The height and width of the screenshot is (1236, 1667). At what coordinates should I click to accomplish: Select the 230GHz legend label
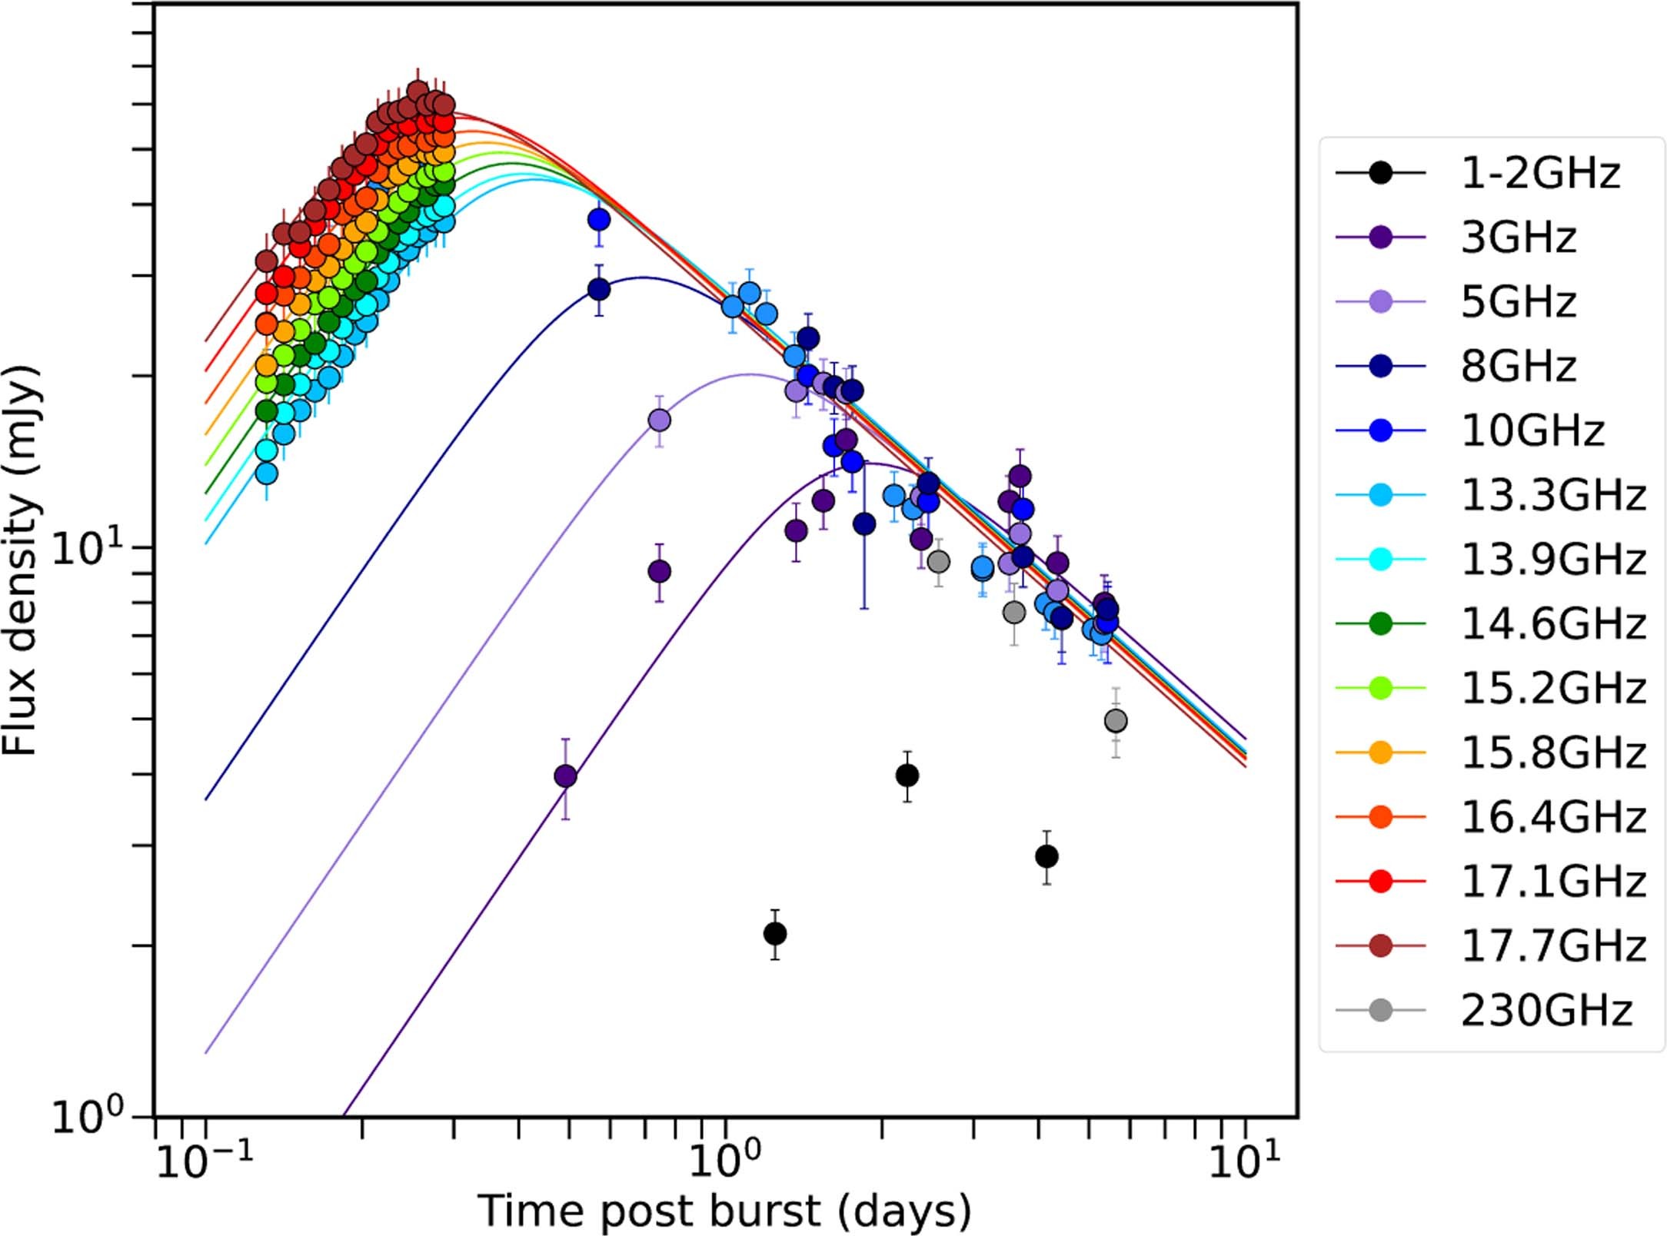click(x=1546, y=1010)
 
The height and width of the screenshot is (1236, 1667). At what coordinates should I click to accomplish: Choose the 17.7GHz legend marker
click(x=1381, y=945)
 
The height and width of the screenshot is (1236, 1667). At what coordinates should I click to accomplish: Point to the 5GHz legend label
click(x=1519, y=301)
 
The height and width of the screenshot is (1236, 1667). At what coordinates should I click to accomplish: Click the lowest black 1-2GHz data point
click(x=775, y=934)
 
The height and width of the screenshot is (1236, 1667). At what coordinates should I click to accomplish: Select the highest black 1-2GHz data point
click(x=907, y=776)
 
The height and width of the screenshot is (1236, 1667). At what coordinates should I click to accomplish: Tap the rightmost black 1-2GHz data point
click(x=1046, y=856)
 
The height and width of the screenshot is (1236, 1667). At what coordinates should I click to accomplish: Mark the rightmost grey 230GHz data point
click(x=1116, y=721)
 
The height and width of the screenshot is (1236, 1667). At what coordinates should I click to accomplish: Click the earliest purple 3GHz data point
click(x=565, y=776)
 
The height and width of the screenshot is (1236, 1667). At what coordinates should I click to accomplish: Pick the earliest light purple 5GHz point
click(x=659, y=420)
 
